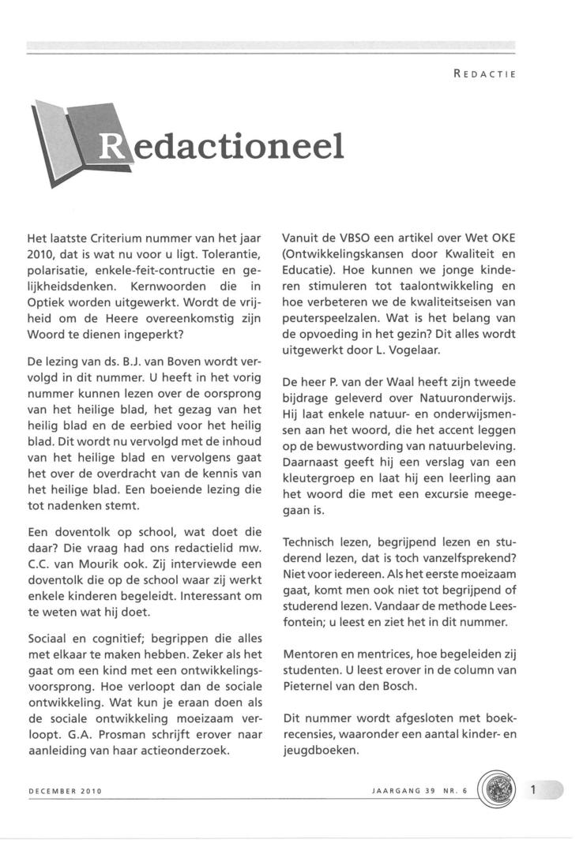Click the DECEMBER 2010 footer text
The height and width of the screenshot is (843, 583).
[x=65, y=790]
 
